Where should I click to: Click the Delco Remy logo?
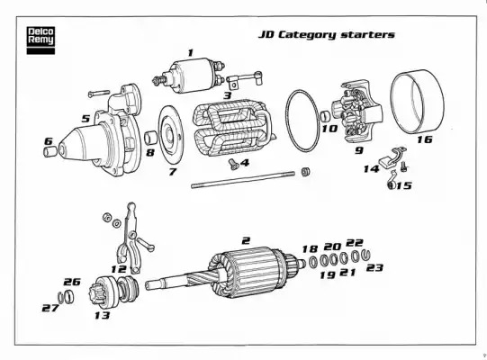tap(41, 40)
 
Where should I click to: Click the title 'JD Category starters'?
tap(327, 34)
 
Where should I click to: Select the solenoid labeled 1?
tap(189, 76)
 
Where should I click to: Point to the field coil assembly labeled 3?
tap(233, 128)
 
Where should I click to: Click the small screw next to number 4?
tap(232, 164)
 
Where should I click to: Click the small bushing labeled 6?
tap(50, 151)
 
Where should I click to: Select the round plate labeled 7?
tap(170, 135)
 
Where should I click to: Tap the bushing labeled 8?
tap(151, 138)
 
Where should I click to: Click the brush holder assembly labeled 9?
tap(357, 112)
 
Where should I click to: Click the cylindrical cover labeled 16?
tap(417, 103)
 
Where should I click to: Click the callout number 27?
tap(50, 308)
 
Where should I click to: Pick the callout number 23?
tap(374, 267)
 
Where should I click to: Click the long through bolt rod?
tap(243, 179)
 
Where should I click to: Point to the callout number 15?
tap(404, 185)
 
